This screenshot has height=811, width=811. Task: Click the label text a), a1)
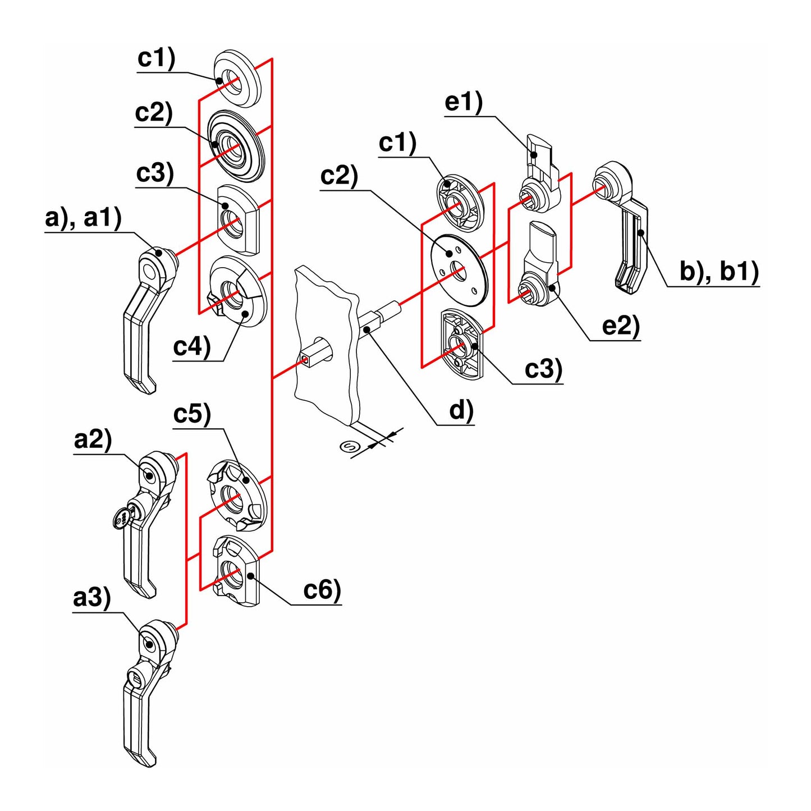83,218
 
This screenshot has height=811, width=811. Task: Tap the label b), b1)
718,272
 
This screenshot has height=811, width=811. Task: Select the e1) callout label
463,103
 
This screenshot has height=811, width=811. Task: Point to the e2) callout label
620,326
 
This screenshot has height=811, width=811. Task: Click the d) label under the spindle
461,411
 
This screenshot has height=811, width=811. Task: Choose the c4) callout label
191,347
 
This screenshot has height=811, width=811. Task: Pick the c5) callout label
192,414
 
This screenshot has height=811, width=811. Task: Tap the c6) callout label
322,590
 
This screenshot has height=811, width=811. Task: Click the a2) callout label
93,439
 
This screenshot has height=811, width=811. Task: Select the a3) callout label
91,598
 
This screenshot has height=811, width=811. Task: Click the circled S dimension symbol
350,447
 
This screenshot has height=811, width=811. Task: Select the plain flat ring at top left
239,79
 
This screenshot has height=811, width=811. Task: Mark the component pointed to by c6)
236,570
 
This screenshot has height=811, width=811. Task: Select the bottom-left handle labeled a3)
147,690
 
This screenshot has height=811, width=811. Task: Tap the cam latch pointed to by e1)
539,174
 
